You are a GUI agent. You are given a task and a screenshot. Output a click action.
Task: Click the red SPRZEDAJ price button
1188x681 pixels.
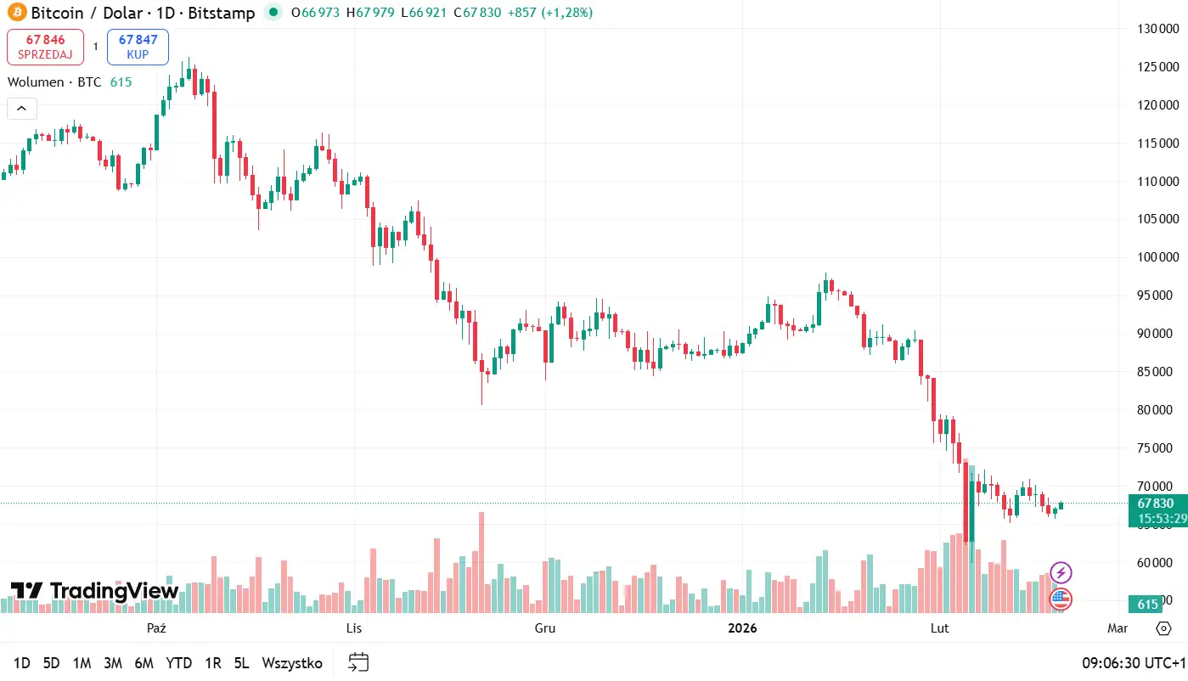(x=45, y=47)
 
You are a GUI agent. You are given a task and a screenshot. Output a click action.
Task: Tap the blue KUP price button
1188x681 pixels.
(x=138, y=47)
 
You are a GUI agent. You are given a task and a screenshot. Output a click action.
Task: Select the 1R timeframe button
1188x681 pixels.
(x=213, y=663)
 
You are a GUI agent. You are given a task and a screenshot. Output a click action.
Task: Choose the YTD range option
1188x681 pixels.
(x=178, y=663)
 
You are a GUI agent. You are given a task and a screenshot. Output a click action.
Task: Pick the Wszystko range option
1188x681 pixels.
(x=292, y=663)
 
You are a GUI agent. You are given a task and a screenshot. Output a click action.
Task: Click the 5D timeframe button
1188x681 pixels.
(x=52, y=663)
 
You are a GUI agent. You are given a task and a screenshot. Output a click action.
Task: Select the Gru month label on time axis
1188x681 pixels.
(x=545, y=628)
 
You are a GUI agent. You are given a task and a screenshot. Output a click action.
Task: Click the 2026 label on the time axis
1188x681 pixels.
(x=742, y=628)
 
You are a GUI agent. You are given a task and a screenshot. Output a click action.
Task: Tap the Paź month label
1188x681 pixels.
(x=155, y=628)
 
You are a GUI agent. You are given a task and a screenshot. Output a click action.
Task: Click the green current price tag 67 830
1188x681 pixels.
(x=1157, y=504)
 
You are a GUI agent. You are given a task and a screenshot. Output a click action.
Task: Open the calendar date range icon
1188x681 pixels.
(x=358, y=662)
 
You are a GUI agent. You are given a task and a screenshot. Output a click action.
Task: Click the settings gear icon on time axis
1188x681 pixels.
(x=1163, y=628)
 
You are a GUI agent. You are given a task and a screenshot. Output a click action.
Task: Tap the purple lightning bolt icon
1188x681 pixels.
(x=1061, y=572)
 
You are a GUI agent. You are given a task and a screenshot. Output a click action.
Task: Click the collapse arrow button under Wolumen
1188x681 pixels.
(x=21, y=109)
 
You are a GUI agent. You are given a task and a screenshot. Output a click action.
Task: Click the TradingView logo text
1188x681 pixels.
(x=95, y=591)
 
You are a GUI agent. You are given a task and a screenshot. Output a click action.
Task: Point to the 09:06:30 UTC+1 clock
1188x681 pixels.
(x=1132, y=663)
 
